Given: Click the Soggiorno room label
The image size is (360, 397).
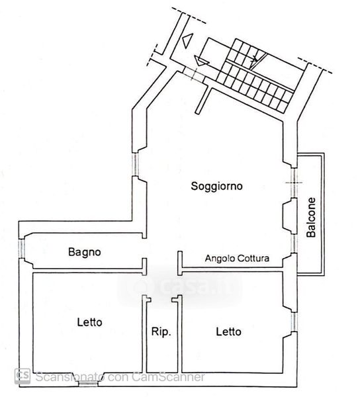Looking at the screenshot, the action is [x=216, y=187].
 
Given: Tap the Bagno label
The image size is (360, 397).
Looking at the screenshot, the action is [x=85, y=252].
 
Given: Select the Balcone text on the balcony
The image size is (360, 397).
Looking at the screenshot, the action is [x=311, y=217].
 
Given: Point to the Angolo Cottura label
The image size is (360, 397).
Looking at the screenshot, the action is [x=237, y=258].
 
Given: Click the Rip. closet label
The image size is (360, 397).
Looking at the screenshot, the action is [x=161, y=331].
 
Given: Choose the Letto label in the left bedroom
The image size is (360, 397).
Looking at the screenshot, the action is [x=89, y=322].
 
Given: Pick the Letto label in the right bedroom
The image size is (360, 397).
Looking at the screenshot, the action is [x=228, y=331].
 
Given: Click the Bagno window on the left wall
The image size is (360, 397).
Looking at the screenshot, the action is [x=21, y=248].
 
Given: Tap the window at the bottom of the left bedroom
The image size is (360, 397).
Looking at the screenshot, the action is [x=88, y=384].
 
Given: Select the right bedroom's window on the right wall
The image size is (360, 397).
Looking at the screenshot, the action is [x=294, y=322].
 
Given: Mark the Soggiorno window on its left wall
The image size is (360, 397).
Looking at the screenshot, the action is [x=136, y=165].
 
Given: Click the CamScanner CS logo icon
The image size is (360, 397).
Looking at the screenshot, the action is [x=22, y=376].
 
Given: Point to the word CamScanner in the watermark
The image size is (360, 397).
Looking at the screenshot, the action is [x=168, y=376].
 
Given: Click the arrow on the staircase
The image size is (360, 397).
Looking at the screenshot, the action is [x=254, y=60].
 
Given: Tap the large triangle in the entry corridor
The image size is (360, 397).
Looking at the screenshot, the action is [x=188, y=40].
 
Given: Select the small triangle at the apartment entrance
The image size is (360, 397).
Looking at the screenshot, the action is [x=201, y=61].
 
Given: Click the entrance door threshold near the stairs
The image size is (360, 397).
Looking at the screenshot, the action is [x=194, y=73].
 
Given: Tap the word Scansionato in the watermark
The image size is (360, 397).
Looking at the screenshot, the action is [x=69, y=376].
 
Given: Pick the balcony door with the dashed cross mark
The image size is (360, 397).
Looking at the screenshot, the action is [x=294, y=183].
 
